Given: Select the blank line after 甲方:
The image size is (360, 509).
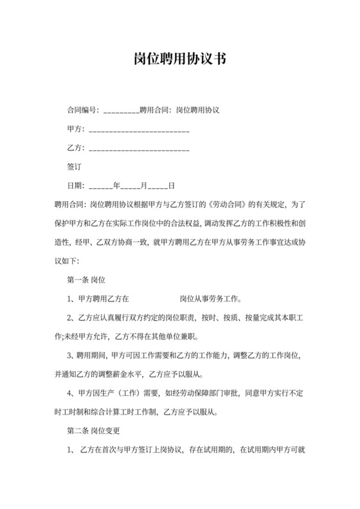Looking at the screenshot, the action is (x=138, y=130).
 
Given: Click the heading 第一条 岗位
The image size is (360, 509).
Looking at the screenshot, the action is (x=86, y=280).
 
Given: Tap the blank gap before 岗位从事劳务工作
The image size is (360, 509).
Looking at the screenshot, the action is (x=154, y=299).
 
